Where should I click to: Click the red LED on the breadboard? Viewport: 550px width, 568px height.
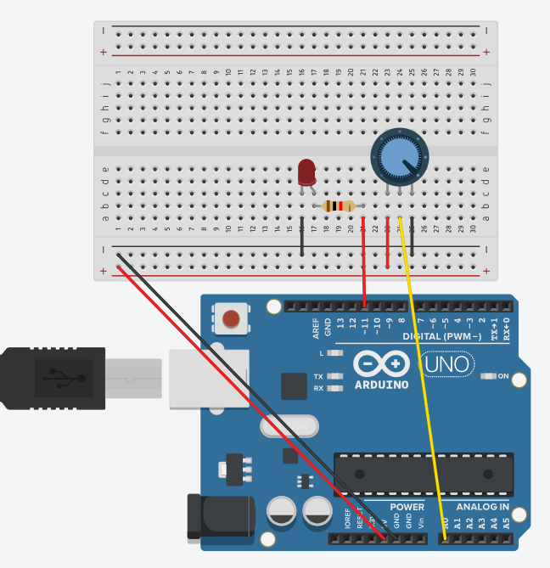[x=306, y=172]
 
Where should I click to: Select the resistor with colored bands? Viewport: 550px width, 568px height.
[x=339, y=205]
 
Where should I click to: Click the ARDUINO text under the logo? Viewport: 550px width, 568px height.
[x=382, y=384]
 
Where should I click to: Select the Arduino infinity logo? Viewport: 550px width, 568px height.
[x=382, y=364]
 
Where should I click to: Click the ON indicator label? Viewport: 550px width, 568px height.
[x=502, y=376]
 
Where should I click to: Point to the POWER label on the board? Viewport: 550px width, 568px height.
[x=407, y=507]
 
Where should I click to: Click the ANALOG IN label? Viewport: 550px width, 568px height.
[x=482, y=507]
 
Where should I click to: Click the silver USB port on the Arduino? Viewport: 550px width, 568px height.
[x=210, y=377]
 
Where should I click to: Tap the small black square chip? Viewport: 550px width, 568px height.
[x=293, y=385]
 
